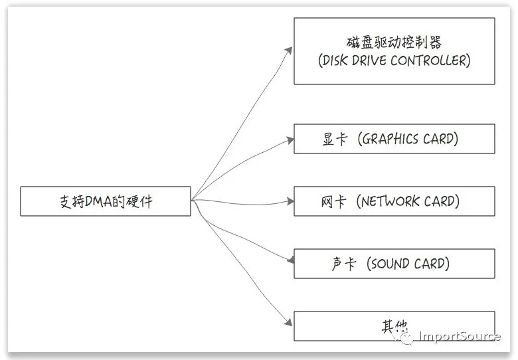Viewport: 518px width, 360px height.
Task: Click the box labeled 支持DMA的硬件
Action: coord(106,201)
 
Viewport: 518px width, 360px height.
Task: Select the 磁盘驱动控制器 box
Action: coord(394,51)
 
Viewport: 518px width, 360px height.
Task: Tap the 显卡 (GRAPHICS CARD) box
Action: coord(394,139)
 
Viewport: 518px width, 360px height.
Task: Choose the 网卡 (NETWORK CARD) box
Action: coord(394,201)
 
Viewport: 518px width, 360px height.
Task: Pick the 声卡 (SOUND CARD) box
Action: coord(394,263)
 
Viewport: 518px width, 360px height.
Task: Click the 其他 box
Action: coord(394,326)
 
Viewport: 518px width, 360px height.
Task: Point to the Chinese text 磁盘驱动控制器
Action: coord(394,43)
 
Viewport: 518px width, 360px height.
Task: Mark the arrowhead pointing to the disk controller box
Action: coord(290,50)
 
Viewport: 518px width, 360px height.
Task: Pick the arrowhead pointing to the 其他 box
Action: coord(289,322)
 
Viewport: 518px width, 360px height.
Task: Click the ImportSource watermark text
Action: coord(460,336)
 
